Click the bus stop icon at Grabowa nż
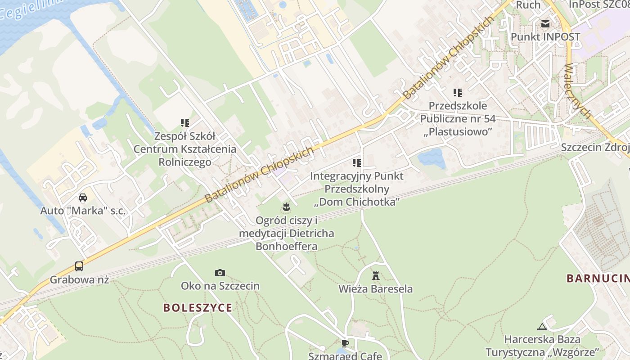[79, 266]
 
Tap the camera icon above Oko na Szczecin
[220, 273]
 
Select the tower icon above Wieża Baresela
[376, 275]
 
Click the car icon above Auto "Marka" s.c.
[83, 197]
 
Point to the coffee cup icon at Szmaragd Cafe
[345, 343]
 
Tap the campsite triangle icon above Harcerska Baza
[542, 326]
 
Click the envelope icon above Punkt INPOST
[545, 24]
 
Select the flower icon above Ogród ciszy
[286, 207]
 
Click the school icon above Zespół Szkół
[184, 122]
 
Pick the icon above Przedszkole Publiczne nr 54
[458, 93]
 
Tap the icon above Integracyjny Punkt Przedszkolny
[357, 162]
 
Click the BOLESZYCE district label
[198, 308]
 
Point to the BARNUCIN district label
[598, 278]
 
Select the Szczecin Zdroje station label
[594, 148]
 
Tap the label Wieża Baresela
[376, 289]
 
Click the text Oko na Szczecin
[220, 286]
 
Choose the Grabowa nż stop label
[79, 279]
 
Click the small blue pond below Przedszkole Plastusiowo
[432, 158]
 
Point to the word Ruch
[528, 5]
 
